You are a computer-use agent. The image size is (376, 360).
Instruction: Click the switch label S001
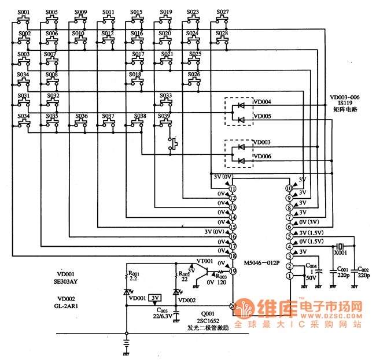(x=23, y=12)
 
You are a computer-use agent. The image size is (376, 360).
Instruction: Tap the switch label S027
(x=222, y=12)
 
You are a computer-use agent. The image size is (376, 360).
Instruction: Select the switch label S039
(x=165, y=116)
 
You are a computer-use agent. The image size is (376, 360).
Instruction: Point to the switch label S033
(x=165, y=95)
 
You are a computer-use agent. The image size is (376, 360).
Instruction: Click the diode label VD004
(x=262, y=102)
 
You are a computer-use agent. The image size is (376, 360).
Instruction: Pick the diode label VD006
(x=262, y=157)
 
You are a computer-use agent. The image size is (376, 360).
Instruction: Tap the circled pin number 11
(x=233, y=188)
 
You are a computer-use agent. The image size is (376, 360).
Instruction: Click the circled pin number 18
(x=233, y=255)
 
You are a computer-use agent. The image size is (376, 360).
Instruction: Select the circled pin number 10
(x=289, y=188)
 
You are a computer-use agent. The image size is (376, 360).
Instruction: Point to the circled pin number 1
(x=289, y=276)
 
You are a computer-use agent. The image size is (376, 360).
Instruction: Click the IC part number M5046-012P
(x=262, y=262)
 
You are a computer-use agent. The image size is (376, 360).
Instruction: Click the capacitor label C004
(x=310, y=266)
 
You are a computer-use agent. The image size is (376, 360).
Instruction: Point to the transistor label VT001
(x=205, y=261)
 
